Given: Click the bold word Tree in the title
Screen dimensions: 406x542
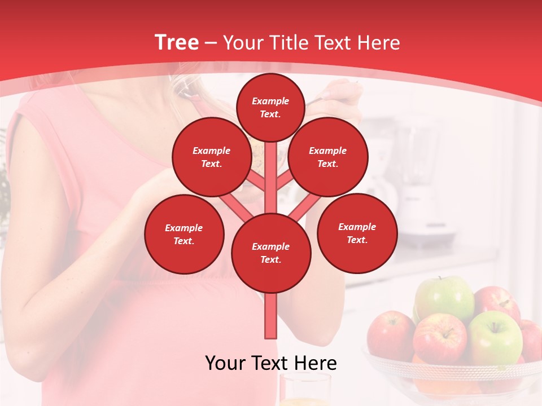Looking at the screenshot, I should [177, 42].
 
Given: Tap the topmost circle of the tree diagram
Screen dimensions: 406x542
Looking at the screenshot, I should [270, 107].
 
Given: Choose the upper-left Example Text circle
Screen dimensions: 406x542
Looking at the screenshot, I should [211, 157].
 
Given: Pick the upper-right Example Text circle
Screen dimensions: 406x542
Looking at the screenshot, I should [327, 157].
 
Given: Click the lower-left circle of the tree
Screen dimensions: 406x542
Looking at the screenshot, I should [183, 234].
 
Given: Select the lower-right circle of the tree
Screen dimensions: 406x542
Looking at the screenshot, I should [357, 233].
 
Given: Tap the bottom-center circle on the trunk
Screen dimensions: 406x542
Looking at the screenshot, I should [270, 253].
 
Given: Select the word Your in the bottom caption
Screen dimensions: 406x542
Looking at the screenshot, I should [225, 363].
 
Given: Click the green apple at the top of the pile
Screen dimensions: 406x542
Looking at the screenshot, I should [446, 298].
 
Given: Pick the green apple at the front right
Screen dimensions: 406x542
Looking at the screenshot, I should [496, 337].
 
